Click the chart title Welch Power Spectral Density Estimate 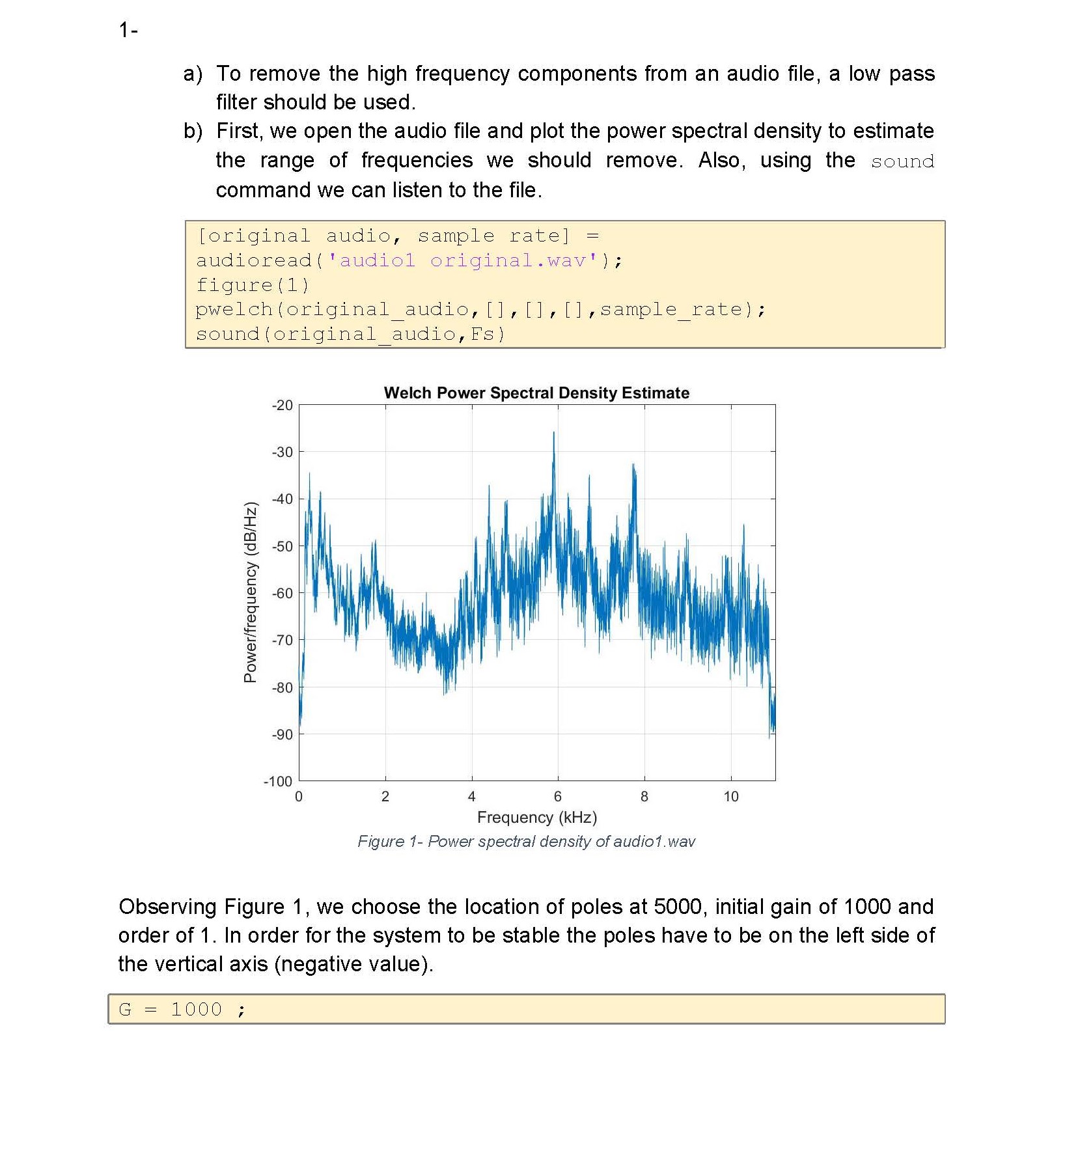(536, 393)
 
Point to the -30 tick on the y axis (283, 452)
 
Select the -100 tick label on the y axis (278, 781)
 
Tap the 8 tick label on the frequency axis (644, 797)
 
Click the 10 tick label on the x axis (731, 797)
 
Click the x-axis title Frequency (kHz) (537, 818)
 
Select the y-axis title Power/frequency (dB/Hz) (251, 592)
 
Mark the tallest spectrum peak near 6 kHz (554, 434)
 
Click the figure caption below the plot (526, 842)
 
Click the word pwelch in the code (234, 310)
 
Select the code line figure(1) (253, 285)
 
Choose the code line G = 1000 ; (182, 1010)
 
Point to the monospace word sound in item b (902, 161)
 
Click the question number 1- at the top (128, 30)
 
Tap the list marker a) (193, 74)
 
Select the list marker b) (193, 131)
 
